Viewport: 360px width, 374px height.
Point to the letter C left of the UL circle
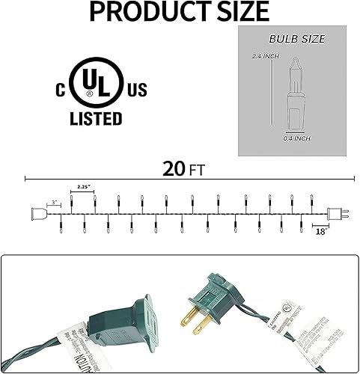click(x=57, y=91)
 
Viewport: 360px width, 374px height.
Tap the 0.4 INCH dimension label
click(x=297, y=138)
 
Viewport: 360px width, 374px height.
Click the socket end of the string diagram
click(x=35, y=213)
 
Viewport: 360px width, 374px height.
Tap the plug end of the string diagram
click(x=338, y=212)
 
